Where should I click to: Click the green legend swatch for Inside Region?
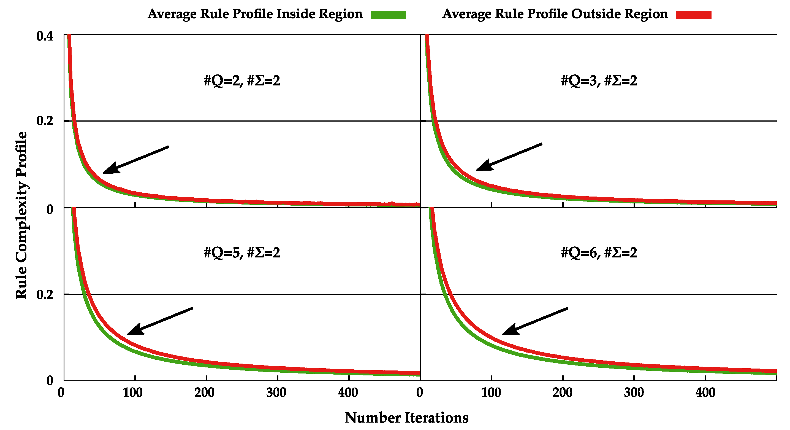388,15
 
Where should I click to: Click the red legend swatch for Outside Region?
693,15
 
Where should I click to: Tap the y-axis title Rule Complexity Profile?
21,215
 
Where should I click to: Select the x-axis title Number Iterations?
406,418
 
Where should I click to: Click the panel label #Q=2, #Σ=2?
242,81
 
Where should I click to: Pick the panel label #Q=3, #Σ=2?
599,81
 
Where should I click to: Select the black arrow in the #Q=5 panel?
159,321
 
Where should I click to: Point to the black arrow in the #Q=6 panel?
534,321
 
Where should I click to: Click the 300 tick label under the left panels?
276,393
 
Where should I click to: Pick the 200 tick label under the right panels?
563,393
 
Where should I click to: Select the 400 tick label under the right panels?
705,393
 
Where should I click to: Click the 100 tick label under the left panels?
133,393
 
